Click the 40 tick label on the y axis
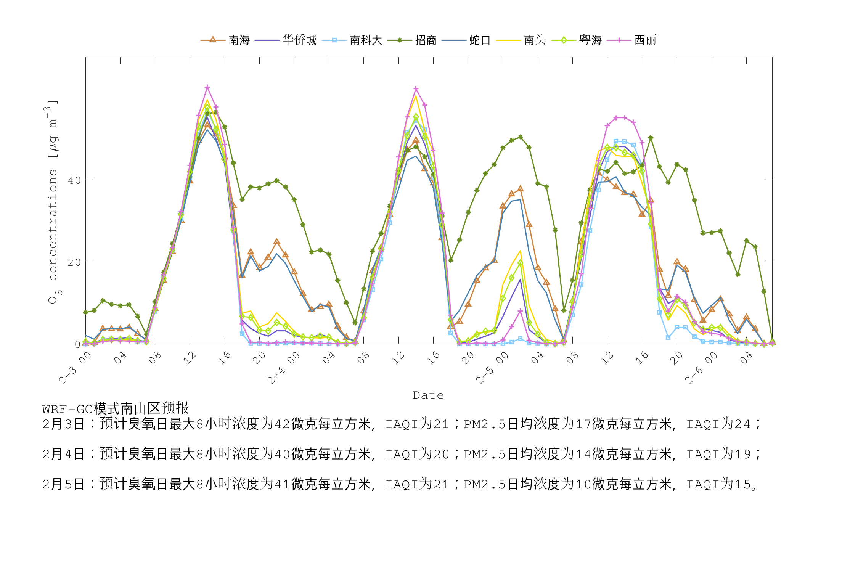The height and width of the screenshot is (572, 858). pos(74,180)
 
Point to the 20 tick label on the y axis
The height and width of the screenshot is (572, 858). pos(74,262)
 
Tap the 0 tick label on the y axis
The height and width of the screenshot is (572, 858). pos(78,344)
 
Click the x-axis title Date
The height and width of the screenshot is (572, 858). pos(428,395)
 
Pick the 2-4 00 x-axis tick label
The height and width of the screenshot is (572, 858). pos(283,368)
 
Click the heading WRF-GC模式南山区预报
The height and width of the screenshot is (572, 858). pos(116,409)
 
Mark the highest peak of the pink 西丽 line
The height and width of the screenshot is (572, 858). pos(207,87)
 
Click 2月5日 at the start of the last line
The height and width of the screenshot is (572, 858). pos(63,484)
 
